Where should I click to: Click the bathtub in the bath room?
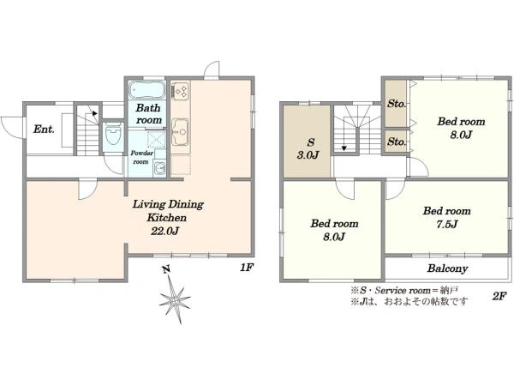(146, 89)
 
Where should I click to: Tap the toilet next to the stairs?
(113, 136)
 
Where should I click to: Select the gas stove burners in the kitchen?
(180, 91)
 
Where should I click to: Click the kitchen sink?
(180, 131)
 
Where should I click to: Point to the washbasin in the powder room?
(160, 169)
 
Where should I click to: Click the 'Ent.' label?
(44, 129)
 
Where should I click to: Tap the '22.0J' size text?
(164, 232)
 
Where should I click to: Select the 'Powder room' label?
(141, 157)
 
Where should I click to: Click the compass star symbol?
(175, 300)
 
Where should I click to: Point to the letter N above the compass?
(167, 270)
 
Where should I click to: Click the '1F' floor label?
(247, 268)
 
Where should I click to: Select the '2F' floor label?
(499, 297)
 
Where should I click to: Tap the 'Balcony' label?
(447, 268)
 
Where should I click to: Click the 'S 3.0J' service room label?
(308, 148)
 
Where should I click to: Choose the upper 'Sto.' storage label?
(397, 104)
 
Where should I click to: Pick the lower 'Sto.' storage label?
(397, 142)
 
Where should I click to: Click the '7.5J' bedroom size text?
(447, 224)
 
